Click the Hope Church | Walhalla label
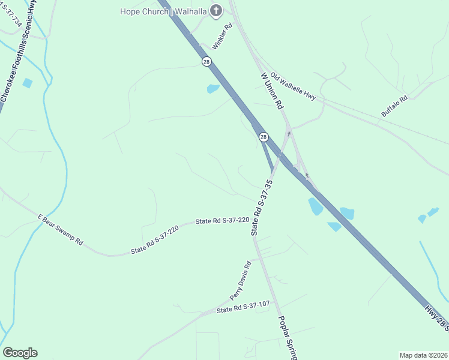click(163, 11)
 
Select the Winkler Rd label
click(221, 37)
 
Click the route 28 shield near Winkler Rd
click(206, 61)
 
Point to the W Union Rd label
click(272, 91)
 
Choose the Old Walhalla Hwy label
click(293, 86)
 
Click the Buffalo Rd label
click(394, 106)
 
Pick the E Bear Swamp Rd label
click(60, 229)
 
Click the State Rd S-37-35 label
click(262, 207)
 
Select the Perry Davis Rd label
click(240, 281)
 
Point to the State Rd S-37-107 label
click(243, 307)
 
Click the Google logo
click(20, 353)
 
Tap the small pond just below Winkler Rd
click(213, 89)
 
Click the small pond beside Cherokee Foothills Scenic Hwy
click(27, 83)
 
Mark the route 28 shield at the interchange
click(264, 137)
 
